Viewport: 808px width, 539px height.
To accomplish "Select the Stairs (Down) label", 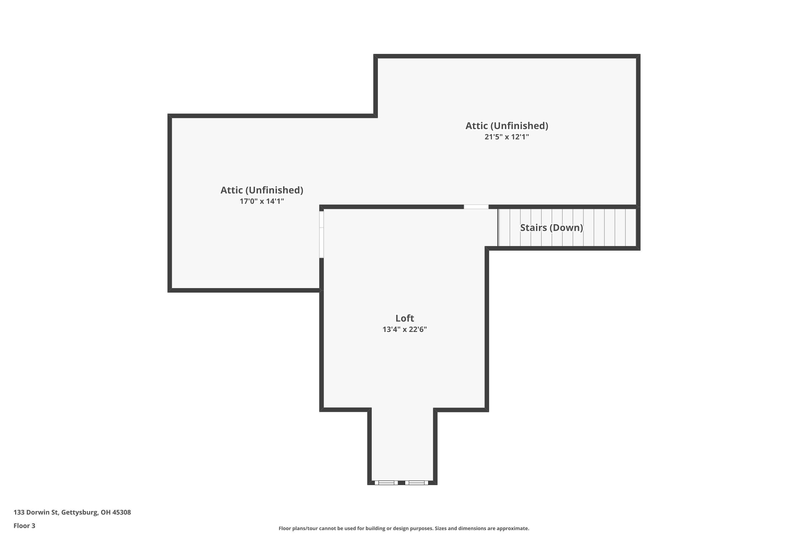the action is (x=551, y=227).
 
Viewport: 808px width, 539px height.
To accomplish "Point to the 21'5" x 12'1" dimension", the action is (x=507, y=137).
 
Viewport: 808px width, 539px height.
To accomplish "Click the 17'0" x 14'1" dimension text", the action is (x=262, y=201).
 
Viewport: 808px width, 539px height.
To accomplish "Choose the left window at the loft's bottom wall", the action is (x=386, y=483).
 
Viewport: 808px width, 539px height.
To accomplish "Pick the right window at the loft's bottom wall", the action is (x=416, y=483).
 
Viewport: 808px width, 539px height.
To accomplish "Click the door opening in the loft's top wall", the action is (x=476, y=207).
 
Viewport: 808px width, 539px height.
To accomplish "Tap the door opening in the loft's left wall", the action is (x=322, y=234).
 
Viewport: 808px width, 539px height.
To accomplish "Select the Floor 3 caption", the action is (x=25, y=526).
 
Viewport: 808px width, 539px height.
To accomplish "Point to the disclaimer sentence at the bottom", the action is (x=404, y=528).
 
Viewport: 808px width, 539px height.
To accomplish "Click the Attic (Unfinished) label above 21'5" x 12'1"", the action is (x=507, y=126).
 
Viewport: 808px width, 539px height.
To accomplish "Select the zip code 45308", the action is (x=122, y=512).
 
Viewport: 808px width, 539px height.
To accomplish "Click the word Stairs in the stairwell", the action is (x=533, y=227).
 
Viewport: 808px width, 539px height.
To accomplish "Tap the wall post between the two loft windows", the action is (x=401, y=483).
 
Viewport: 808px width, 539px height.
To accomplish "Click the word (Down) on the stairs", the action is (x=566, y=227).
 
